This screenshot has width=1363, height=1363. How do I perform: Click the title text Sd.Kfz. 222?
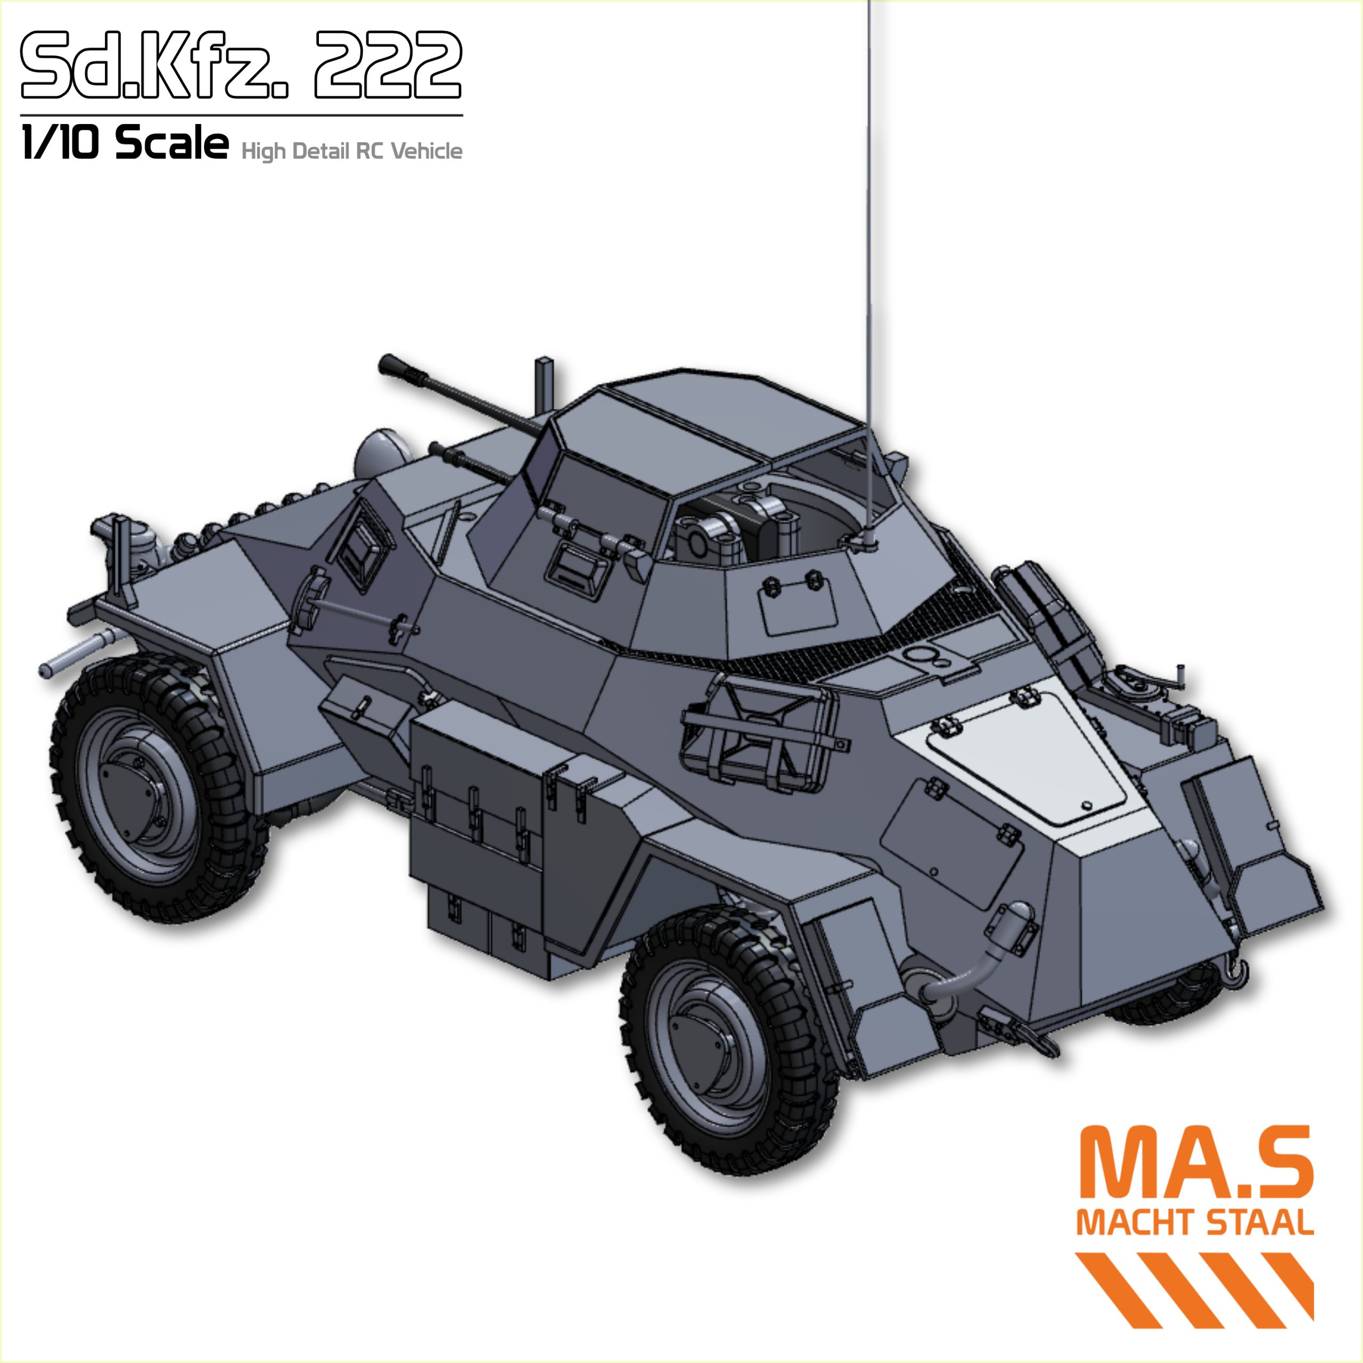pyautogui.click(x=241, y=65)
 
